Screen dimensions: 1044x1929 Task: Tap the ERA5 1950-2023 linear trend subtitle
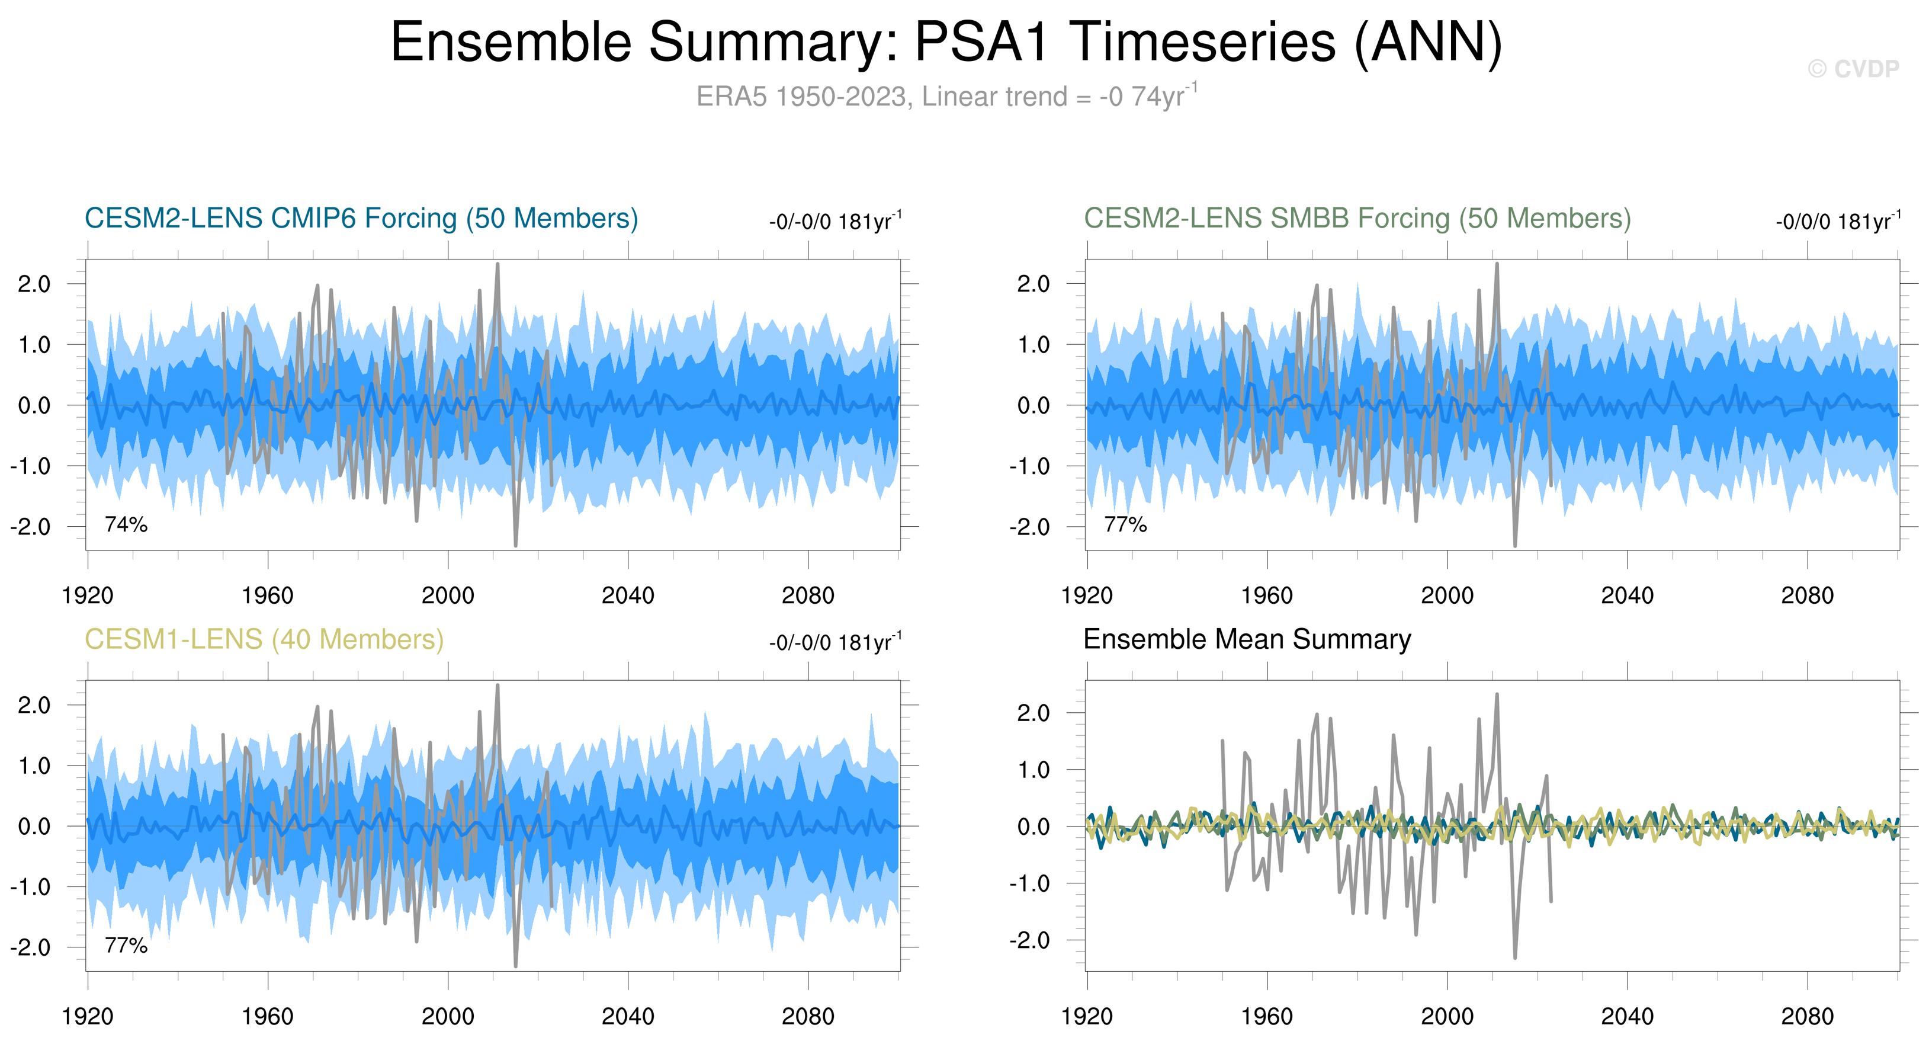click(946, 97)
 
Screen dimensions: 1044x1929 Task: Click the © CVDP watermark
click(1853, 69)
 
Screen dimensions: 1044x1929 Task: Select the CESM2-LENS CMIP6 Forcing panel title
click(361, 219)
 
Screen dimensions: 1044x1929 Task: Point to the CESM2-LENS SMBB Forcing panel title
click(1357, 219)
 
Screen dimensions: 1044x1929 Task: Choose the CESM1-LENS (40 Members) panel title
click(264, 639)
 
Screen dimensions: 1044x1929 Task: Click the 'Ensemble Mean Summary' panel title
click(1247, 639)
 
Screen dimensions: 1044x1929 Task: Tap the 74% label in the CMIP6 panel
click(126, 524)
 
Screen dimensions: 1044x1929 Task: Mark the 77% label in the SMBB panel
click(1125, 524)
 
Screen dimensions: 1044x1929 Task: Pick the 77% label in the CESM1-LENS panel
click(126, 945)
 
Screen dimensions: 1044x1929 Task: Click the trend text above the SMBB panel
click(1837, 222)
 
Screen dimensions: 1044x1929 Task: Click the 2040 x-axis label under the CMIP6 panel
click(628, 595)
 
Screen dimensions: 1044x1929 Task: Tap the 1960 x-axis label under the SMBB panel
click(1266, 595)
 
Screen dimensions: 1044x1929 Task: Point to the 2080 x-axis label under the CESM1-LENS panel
click(807, 1016)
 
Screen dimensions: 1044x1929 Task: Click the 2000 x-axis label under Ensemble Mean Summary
click(1447, 1016)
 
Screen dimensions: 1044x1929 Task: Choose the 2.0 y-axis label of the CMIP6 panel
click(34, 284)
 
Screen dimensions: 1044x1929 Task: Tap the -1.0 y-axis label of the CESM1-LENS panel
click(31, 887)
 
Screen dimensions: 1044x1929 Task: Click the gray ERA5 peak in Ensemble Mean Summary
click(1497, 695)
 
